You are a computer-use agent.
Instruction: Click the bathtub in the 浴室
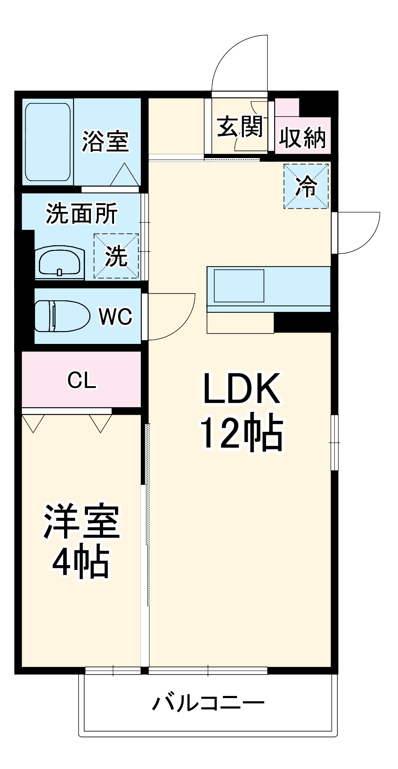[x=47, y=142]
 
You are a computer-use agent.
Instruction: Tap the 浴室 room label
[x=105, y=141]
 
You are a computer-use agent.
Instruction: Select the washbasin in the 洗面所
[x=59, y=262]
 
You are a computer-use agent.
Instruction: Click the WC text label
[x=115, y=317]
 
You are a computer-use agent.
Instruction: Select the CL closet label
[x=82, y=380]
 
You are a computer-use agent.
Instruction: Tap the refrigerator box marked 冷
[x=306, y=187]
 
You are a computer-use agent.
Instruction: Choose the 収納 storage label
[x=302, y=138]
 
